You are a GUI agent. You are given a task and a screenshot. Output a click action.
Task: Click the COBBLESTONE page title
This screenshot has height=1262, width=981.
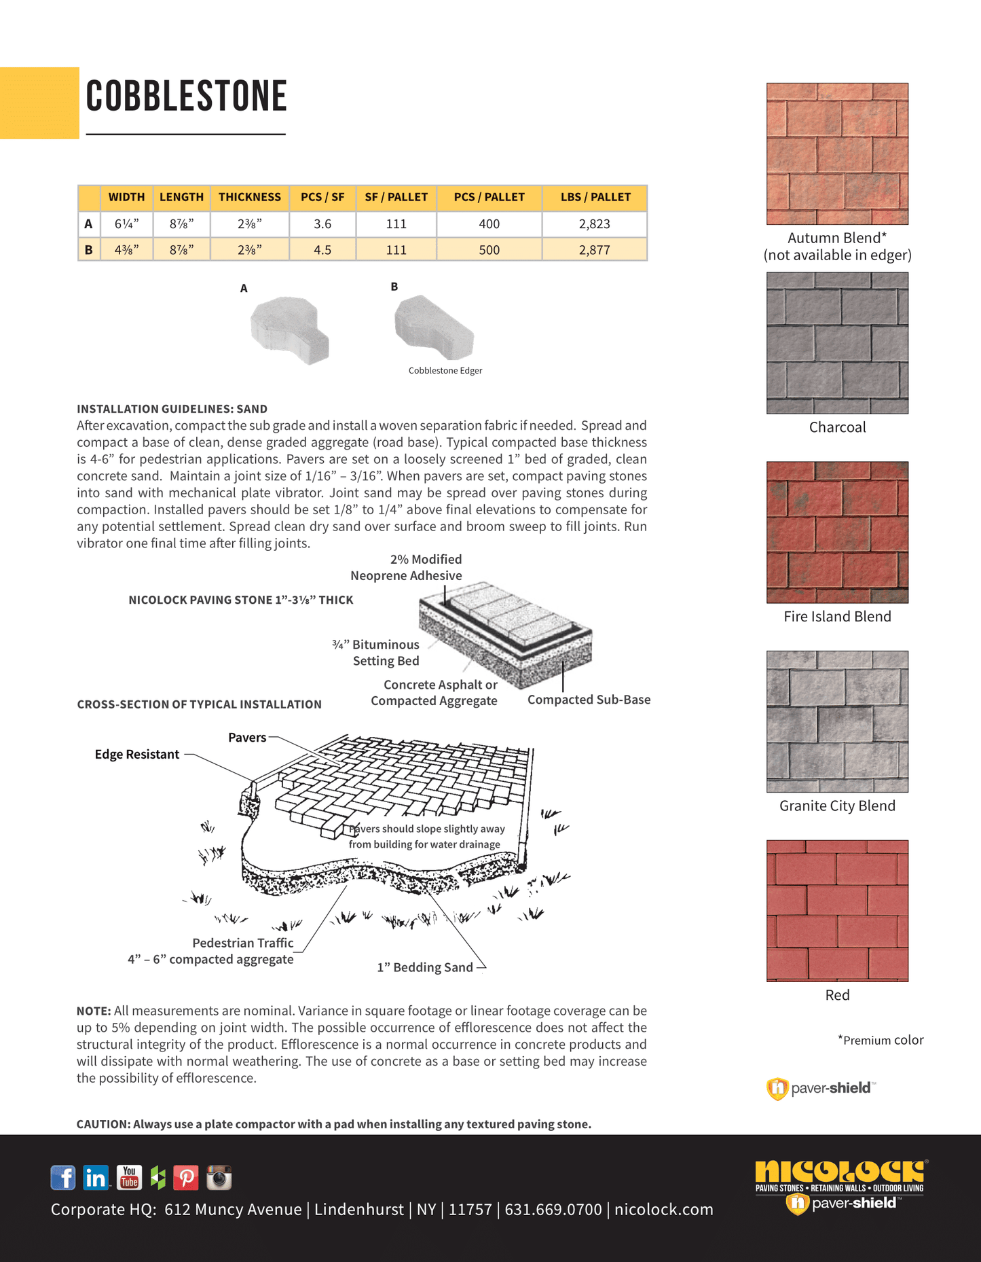point(186,96)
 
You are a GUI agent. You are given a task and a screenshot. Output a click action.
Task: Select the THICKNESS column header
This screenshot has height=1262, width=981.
point(249,197)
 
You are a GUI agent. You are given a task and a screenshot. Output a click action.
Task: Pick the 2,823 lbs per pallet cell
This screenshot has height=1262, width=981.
point(594,224)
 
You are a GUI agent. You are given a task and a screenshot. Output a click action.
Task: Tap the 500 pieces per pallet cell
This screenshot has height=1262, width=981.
point(489,250)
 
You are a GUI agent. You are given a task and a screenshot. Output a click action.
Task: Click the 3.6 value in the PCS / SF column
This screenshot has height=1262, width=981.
point(322,224)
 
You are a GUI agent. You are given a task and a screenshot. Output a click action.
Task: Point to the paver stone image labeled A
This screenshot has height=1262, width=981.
point(289,329)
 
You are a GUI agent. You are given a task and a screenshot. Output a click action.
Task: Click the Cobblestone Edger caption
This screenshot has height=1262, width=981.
point(445,371)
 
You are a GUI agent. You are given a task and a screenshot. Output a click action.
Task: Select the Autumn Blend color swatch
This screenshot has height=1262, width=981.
point(837,154)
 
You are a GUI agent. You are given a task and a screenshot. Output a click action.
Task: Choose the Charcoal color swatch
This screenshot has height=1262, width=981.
point(837,343)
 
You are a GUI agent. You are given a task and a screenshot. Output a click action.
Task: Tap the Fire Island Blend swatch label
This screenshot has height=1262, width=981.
point(837,617)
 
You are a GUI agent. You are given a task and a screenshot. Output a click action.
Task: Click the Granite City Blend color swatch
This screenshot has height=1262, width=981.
point(837,721)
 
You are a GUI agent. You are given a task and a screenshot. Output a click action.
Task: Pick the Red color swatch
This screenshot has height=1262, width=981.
point(837,911)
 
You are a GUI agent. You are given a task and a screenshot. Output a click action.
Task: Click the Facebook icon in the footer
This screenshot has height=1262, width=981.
point(63,1177)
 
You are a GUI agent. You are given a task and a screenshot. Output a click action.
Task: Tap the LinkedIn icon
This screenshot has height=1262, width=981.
point(96,1177)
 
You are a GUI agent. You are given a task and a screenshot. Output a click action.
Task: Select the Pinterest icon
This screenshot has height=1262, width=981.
point(186,1177)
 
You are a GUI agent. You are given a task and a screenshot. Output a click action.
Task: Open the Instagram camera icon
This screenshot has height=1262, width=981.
point(219,1177)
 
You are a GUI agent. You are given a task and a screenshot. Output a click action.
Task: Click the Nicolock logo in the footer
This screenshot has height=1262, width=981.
point(840,1174)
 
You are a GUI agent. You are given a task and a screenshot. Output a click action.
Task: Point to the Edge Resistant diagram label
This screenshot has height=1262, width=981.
point(137,755)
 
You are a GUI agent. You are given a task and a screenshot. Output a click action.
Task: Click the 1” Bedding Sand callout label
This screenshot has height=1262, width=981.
point(425,967)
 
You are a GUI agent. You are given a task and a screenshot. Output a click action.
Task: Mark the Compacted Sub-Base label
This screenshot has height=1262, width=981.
point(589,700)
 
